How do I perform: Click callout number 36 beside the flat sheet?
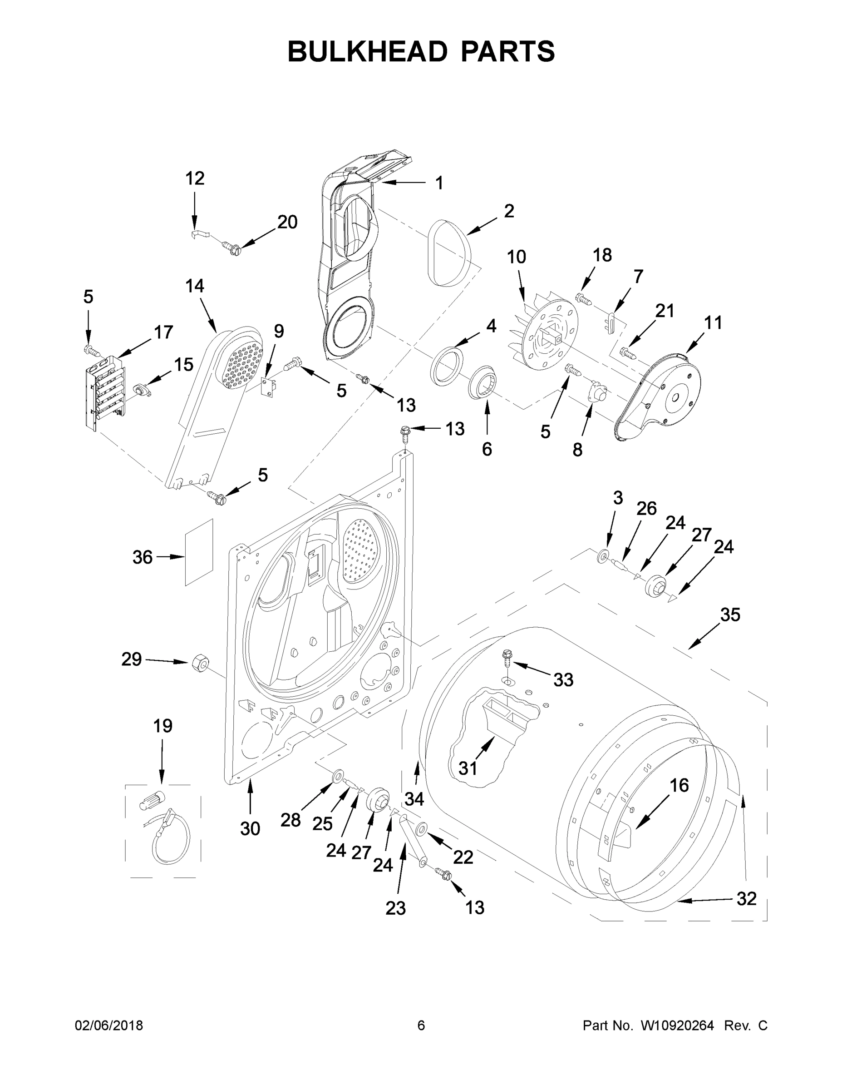pyautogui.click(x=142, y=557)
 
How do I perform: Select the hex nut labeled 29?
pyautogui.click(x=200, y=663)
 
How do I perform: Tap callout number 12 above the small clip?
pyautogui.click(x=195, y=178)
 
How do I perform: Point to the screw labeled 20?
pyautogui.click(x=231, y=247)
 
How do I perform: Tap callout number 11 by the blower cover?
pyautogui.click(x=713, y=323)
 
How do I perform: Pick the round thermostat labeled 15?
pyautogui.click(x=142, y=391)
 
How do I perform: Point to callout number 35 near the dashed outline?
pyautogui.click(x=730, y=615)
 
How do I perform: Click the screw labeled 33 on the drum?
pyautogui.click(x=508, y=658)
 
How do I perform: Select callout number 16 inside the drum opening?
pyautogui.click(x=679, y=785)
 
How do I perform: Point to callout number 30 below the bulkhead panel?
pyautogui.click(x=250, y=828)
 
